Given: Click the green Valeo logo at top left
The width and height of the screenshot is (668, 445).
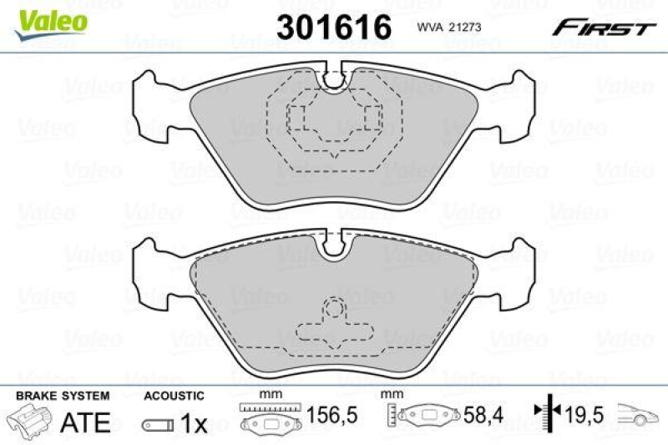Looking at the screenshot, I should (x=53, y=18).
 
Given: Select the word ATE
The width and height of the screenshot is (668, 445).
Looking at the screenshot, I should (x=86, y=422).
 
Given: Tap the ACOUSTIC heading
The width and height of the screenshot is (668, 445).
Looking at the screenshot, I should (x=174, y=396).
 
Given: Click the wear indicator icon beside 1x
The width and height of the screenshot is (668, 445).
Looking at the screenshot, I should (x=159, y=425).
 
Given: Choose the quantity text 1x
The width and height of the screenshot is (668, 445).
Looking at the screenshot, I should (x=194, y=423).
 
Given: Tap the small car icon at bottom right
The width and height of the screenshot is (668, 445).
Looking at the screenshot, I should (x=638, y=414).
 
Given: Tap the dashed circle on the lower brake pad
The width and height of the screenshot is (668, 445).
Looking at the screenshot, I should (x=334, y=310).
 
